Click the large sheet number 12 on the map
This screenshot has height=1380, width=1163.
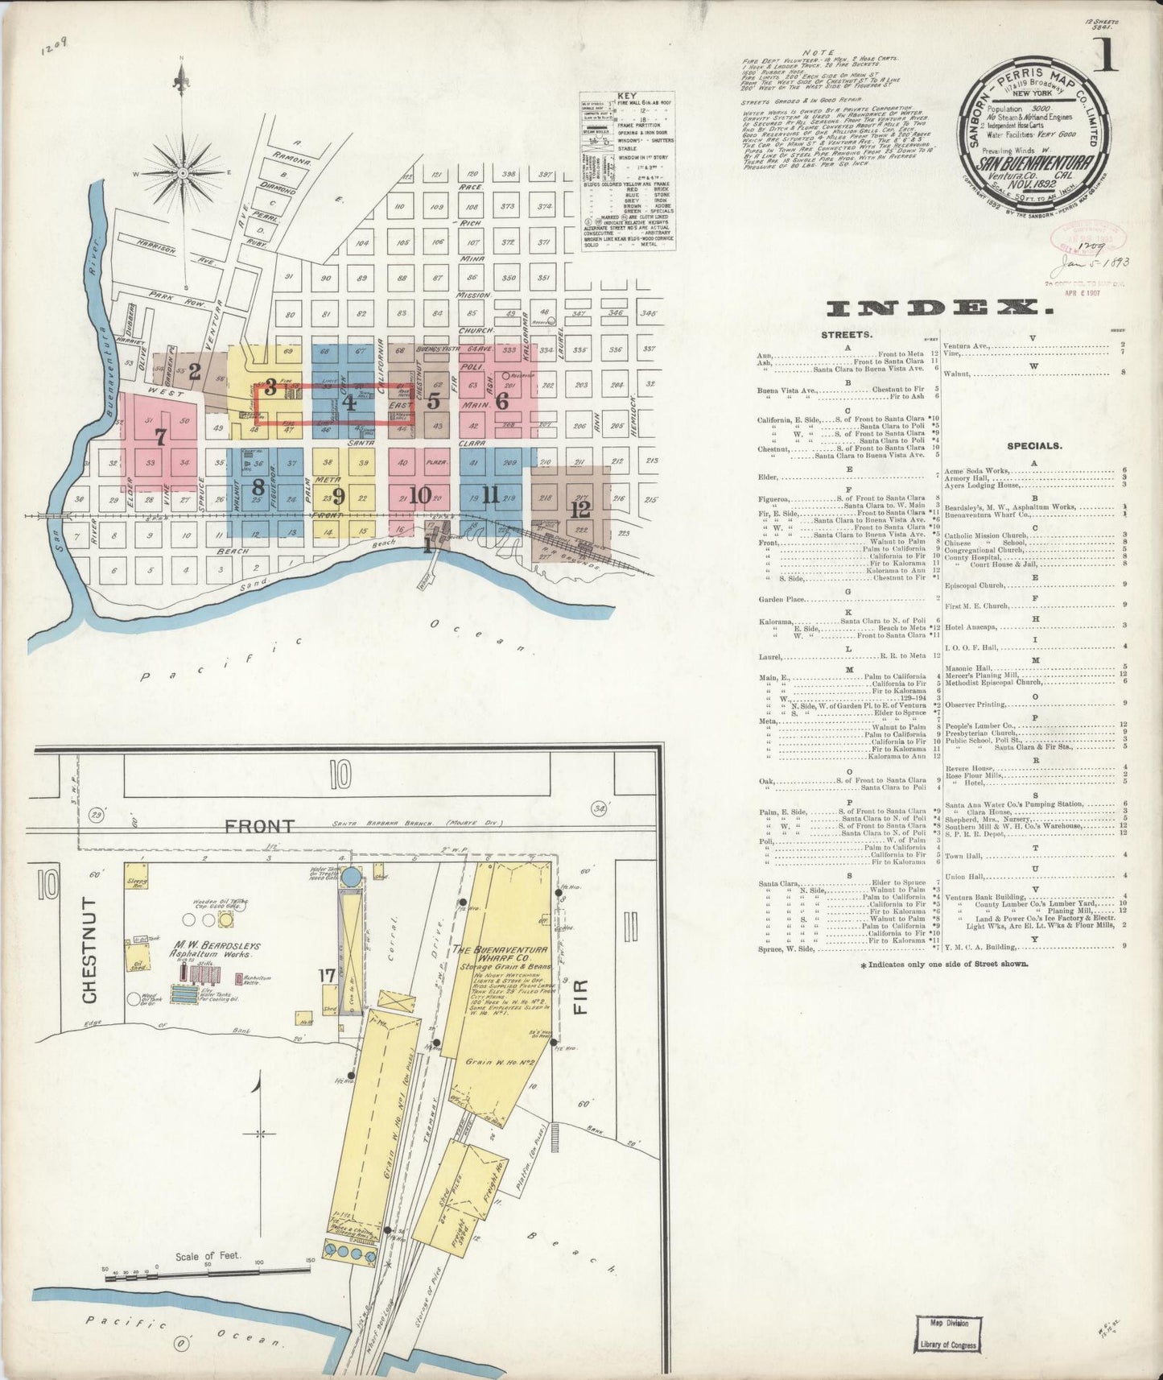tap(580, 509)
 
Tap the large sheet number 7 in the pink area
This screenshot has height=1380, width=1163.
tap(160, 437)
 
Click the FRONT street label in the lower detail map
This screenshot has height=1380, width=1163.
tap(259, 825)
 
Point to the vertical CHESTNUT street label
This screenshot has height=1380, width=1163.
tap(89, 950)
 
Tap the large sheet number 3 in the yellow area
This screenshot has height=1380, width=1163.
tap(271, 387)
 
